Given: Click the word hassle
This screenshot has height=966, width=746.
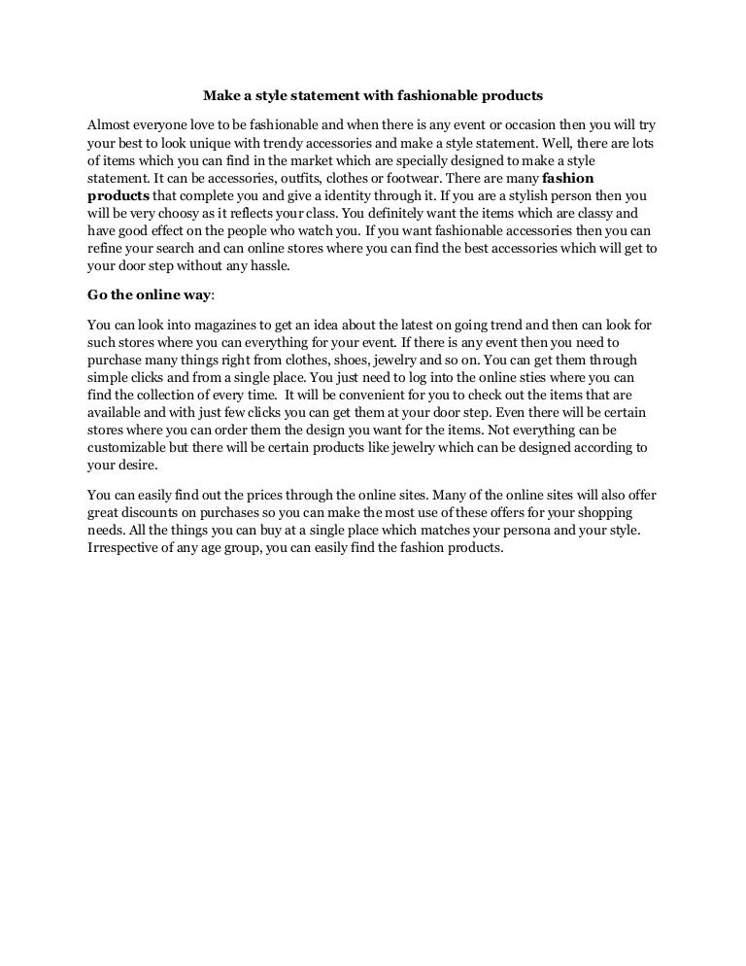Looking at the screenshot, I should point(268,265).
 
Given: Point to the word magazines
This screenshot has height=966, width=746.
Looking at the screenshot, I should point(215,326).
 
